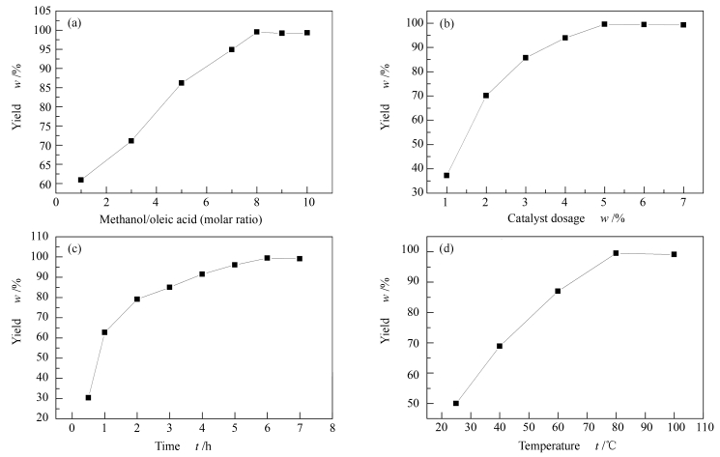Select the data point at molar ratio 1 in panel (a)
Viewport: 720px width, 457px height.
pos(81,180)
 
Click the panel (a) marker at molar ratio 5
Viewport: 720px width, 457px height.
pos(182,83)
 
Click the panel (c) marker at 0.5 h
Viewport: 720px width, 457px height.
pos(88,397)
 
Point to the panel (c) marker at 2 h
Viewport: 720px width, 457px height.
pos(137,300)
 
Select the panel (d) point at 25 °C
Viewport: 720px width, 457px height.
pos(456,403)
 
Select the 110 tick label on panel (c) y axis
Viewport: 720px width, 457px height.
pos(42,236)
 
